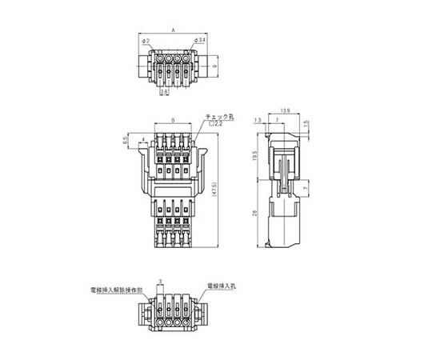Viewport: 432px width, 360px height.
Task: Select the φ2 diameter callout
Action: (142, 40)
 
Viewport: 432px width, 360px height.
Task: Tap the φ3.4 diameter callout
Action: (200, 40)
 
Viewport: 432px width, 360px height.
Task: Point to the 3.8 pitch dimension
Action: (164, 93)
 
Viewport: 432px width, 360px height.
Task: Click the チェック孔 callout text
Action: (218, 117)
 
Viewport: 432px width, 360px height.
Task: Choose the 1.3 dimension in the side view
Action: (257, 121)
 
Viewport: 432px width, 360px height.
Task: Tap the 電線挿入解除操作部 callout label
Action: (117, 286)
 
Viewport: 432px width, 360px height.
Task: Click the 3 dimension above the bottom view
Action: (162, 282)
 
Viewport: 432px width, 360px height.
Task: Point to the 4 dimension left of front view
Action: (142, 141)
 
